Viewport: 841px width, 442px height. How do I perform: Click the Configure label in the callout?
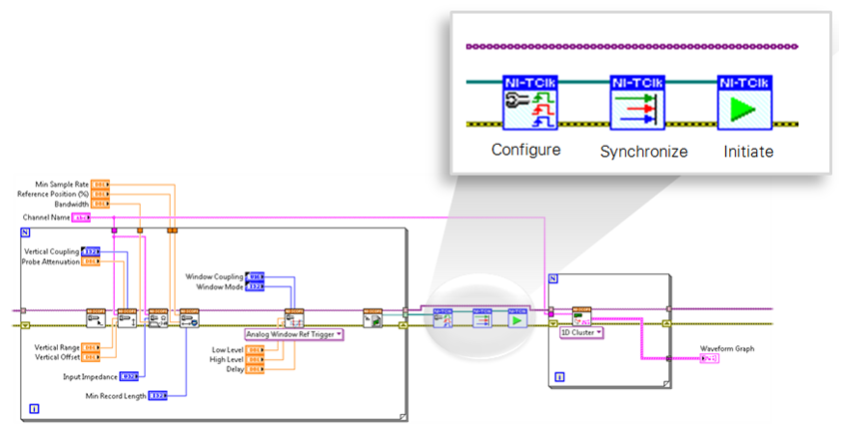526,151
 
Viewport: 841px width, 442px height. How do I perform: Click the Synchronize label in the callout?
643,152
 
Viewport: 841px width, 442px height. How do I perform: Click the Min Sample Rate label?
62,184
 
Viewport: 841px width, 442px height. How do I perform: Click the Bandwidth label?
70,203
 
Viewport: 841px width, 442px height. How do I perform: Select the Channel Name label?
46,217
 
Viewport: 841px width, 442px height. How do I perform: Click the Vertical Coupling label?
51,250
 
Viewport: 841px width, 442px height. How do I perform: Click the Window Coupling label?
214,275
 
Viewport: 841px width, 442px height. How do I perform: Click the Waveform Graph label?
727,348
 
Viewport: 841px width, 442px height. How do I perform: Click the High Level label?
227,358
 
